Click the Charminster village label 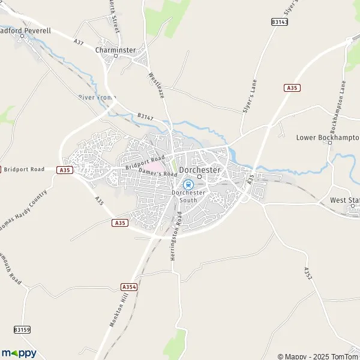coord(116,50)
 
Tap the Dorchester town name coord(200,169)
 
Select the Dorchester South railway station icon coord(188,184)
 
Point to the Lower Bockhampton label coord(328,137)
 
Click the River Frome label coord(97,97)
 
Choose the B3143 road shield coord(280,22)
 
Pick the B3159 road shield coord(22,330)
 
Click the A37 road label coord(79,42)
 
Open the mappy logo coord(19,353)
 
